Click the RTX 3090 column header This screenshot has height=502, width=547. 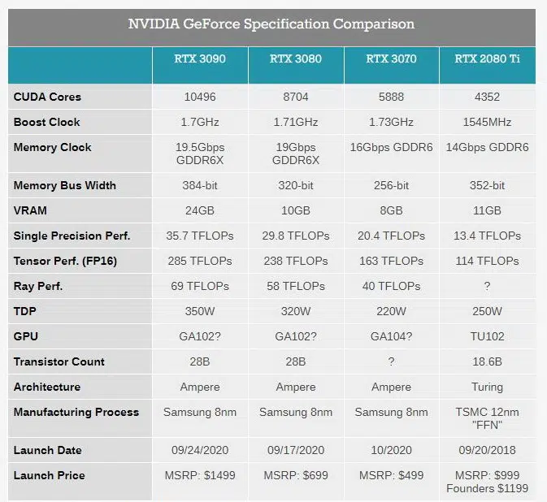[x=200, y=58]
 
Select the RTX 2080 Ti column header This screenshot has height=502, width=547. [x=488, y=58]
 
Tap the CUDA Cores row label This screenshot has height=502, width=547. [x=47, y=97]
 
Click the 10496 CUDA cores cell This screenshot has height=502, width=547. [x=200, y=97]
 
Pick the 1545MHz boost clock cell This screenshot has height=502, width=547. [x=488, y=122]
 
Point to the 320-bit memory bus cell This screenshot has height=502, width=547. [x=296, y=185]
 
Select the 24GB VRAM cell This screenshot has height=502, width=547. [x=200, y=210]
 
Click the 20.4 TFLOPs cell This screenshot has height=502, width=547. [x=392, y=236]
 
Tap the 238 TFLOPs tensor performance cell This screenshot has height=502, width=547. [x=296, y=261]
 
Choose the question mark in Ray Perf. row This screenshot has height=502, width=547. [x=488, y=286]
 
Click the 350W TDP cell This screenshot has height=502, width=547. [x=200, y=311]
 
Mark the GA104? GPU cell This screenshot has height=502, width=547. [x=392, y=336]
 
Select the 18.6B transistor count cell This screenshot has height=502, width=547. [x=488, y=361]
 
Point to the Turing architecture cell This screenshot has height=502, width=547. [x=488, y=387]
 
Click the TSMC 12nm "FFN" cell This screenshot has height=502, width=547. [x=488, y=418]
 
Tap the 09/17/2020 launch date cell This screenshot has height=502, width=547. [x=296, y=450]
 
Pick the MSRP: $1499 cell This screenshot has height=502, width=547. [x=200, y=475]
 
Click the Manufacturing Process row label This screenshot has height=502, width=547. [x=76, y=412]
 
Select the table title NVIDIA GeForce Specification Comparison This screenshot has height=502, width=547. [x=271, y=24]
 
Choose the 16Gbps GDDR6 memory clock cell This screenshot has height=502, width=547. [x=392, y=147]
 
